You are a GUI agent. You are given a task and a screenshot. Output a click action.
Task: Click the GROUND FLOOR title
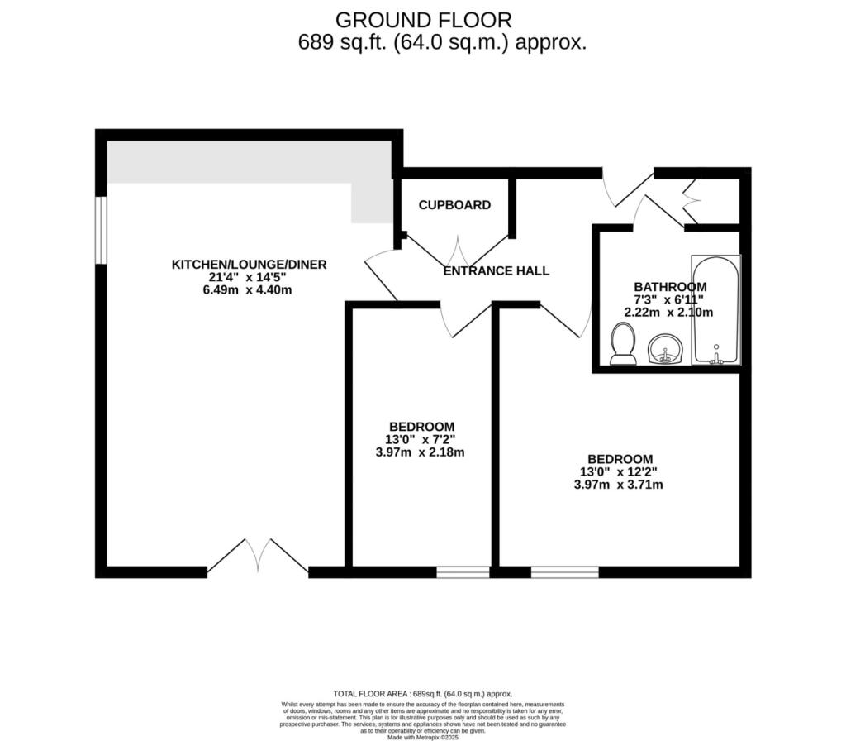coord(423,19)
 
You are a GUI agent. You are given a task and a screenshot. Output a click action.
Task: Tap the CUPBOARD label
coord(454,205)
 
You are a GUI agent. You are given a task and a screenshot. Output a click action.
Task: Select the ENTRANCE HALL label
coord(496,270)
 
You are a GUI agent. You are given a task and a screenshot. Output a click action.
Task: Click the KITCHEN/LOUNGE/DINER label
coord(249,265)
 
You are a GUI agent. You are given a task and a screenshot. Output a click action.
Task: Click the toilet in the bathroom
coord(622,344)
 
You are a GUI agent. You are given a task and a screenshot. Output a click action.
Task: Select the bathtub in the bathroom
coord(715,310)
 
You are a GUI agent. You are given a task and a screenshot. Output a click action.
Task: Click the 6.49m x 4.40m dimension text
coord(249,290)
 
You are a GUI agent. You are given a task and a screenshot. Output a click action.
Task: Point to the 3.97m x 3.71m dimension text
coord(619,485)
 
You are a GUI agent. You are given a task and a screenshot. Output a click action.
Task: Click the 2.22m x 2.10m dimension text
coord(668,313)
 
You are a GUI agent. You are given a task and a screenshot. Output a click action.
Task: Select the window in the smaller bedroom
coord(463,571)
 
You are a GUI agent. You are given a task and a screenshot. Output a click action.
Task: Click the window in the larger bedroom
coord(564,571)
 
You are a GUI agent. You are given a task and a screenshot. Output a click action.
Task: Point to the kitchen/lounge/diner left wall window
coord(101,230)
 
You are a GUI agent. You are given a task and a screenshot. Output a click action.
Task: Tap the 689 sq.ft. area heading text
coord(442,43)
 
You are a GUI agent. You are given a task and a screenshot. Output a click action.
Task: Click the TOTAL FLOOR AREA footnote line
coord(422,694)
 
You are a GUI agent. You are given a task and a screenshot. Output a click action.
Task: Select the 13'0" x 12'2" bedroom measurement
coord(619,472)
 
